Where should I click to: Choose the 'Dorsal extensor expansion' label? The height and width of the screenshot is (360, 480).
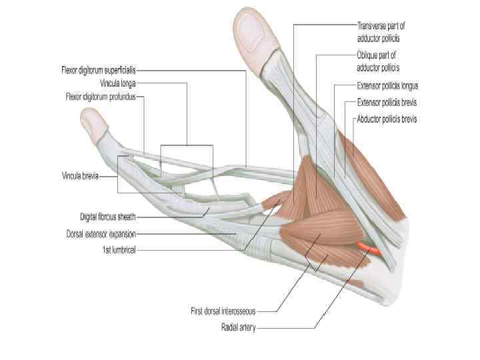click(101, 234)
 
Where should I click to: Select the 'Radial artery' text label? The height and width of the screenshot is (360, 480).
click(240, 327)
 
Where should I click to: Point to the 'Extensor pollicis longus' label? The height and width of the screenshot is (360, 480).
click(387, 86)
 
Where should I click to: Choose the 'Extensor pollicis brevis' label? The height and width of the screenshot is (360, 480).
click(387, 103)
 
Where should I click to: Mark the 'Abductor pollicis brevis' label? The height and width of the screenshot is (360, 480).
click(389, 120)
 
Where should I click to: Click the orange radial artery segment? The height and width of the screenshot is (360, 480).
click(367, 249)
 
